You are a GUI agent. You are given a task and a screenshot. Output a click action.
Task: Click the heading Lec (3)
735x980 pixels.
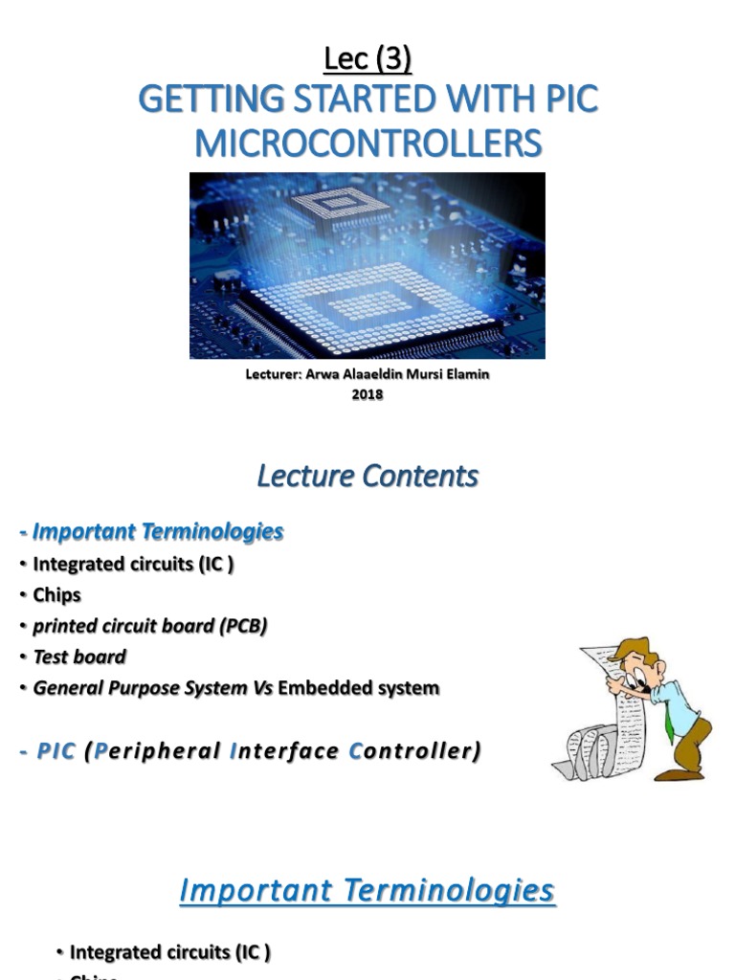coord(367,59)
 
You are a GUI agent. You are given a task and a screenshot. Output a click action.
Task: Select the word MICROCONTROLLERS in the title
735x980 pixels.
coord(367,144)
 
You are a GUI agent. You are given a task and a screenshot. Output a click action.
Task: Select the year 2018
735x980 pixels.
coord(367,393)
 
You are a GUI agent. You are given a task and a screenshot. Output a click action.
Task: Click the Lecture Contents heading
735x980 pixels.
coord(367,476)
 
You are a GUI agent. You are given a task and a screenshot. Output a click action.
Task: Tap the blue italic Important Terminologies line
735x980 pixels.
coord(151,531)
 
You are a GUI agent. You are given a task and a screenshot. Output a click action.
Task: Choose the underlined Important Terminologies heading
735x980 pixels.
coord(367,891)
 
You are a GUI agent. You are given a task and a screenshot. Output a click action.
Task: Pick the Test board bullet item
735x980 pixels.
coord(79,657)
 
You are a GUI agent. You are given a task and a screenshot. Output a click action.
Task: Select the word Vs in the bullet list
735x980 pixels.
coord(263,687)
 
